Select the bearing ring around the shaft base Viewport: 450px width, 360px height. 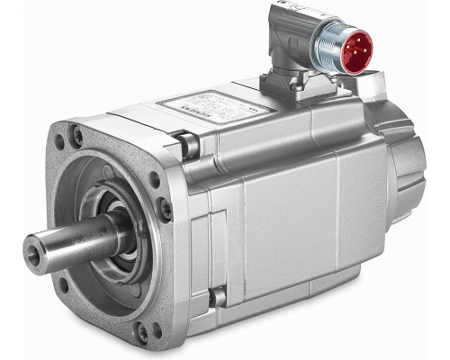[x=121, y=225]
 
